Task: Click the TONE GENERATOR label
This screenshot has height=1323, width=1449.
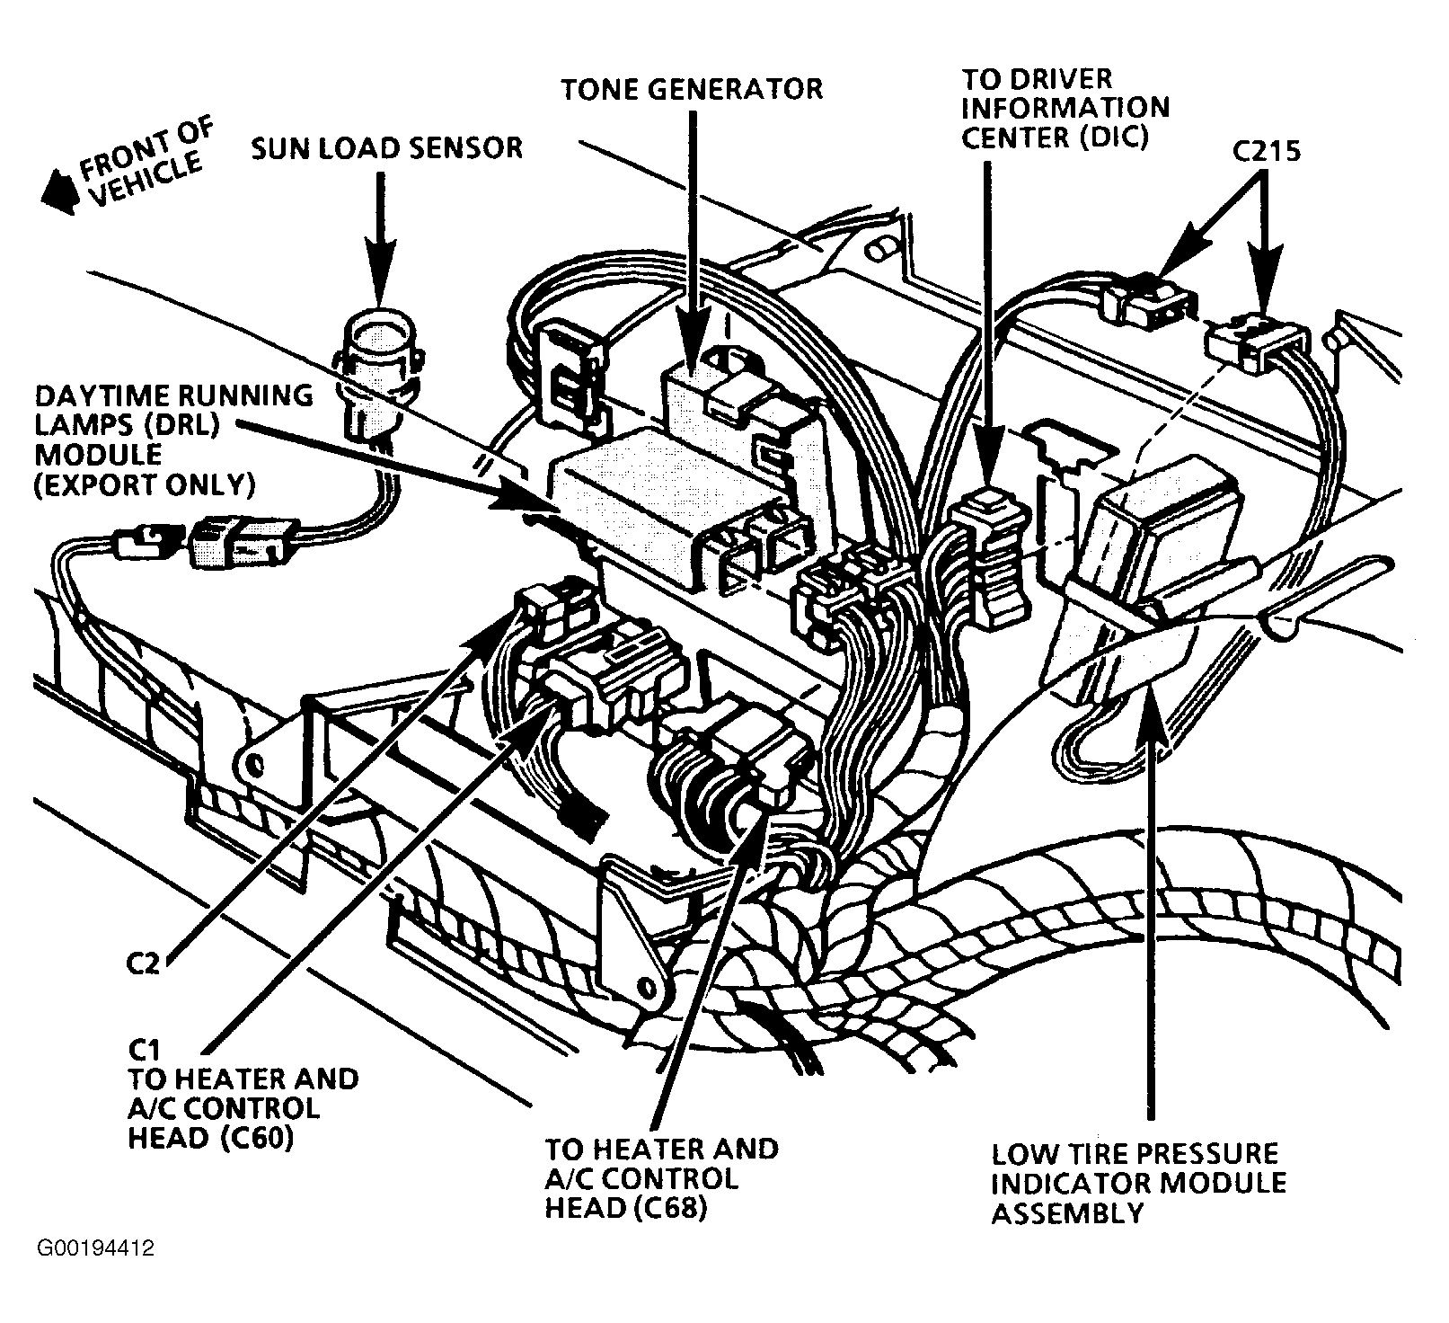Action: point(692,89)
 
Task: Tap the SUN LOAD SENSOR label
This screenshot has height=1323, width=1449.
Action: point(386,147)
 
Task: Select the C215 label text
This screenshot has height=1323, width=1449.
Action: point(1266,151)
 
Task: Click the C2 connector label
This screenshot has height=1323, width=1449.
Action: point(142,963)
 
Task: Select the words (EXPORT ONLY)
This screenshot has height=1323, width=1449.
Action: point(144,484)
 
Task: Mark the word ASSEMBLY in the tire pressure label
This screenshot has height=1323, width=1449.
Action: point(1067,1212)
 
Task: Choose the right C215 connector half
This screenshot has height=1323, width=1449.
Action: point(1257,343)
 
